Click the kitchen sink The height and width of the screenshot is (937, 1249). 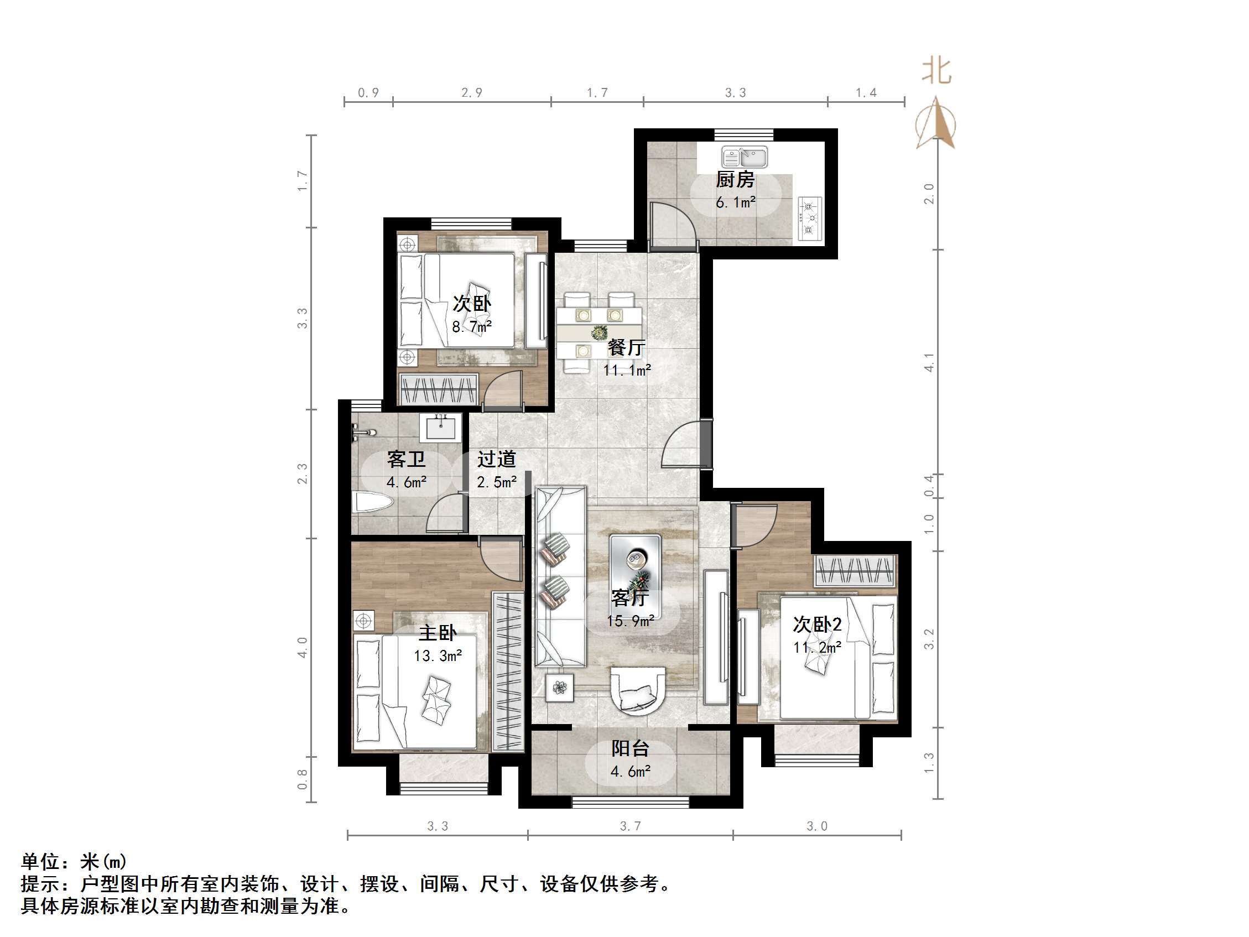pos(744,157)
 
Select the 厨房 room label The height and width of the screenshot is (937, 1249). pos(735,180)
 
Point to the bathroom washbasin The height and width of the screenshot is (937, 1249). pos(440,428)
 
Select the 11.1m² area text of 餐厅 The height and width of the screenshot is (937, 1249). pos(627,371)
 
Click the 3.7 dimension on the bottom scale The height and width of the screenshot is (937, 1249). pos(630,826)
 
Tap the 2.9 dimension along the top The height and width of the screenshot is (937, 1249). pos(471,92)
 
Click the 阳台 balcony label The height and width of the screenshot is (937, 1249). pos(630,748)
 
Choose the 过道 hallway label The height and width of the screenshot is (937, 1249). pos(496,459)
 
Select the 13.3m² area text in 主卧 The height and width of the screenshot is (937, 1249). pos(438,655)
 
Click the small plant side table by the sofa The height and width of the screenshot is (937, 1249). pos(560,688)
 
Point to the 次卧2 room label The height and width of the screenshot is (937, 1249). pos(817,624)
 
